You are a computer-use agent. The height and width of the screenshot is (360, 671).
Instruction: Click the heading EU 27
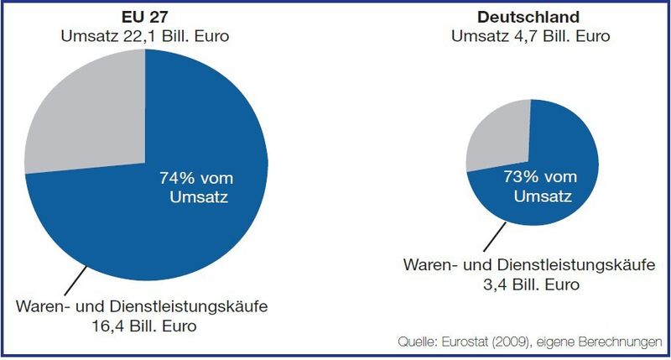[146, 17]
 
